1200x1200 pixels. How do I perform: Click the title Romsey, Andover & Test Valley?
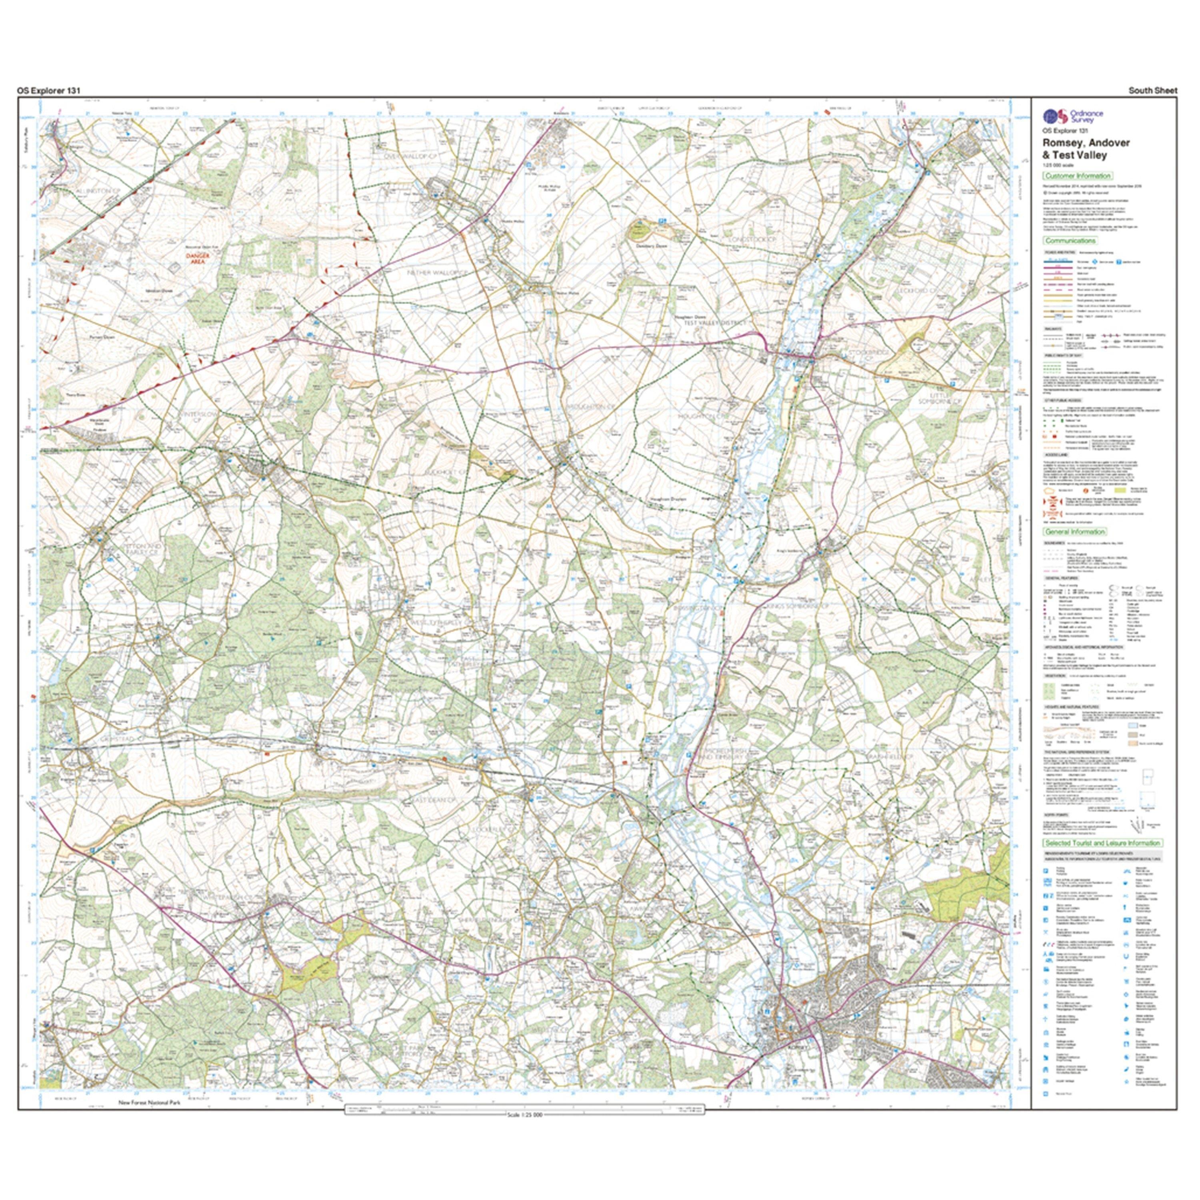click(1085, 149)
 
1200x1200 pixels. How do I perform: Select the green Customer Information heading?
click(1077, 176)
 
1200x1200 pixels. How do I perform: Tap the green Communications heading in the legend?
click(1070, 240)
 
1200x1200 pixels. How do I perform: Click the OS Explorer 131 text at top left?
click(48, 91)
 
